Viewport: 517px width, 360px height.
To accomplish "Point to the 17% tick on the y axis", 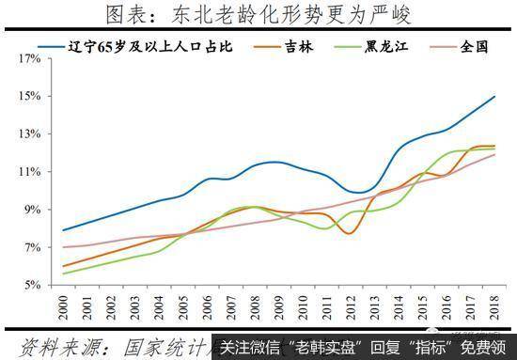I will coord(28,58).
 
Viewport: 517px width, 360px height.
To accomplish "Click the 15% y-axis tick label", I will coord(28,96).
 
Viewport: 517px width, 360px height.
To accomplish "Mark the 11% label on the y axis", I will coord(28,171).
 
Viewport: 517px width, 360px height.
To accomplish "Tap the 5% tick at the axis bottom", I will coord(31,285).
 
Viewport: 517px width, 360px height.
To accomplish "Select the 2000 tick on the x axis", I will coord(63,305).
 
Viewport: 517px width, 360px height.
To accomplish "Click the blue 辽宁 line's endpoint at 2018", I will coord(495,96).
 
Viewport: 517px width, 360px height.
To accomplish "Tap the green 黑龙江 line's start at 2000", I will coord(64,273).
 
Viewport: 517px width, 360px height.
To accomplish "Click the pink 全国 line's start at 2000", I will coord(64,247).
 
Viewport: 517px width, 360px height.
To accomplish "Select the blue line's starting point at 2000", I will coord(64,230).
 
